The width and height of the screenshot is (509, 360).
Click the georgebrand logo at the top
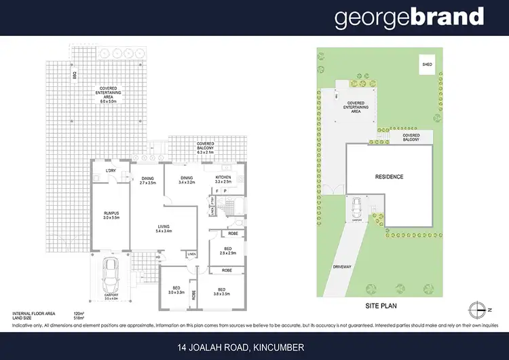click(x=409, y=18)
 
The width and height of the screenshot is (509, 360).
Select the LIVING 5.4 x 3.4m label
click(x=163, y=229)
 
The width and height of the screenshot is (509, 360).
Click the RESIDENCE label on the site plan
click(x=389, y=177)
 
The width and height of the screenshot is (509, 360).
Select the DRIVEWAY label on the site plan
click(x=341, y=267)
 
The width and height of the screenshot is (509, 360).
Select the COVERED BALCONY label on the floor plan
click(x=205, y=146)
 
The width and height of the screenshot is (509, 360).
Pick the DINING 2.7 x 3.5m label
click(x=147, y=180)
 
